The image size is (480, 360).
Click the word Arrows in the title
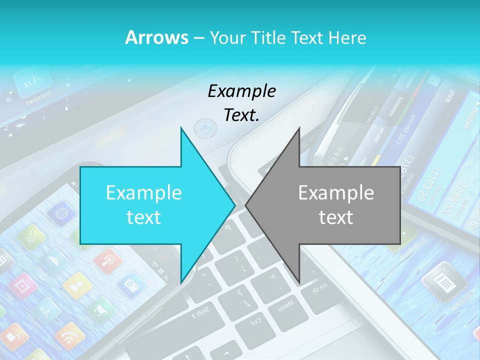point(156,37)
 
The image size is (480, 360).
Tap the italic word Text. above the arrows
point(241,115)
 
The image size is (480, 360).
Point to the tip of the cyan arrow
point(235,204)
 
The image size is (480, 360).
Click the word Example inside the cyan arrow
point(144,193)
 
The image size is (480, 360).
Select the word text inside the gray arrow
point(336,217)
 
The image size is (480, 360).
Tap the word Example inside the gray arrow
point(336,193)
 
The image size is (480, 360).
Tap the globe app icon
point(61,213)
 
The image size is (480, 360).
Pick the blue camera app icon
point(132,285)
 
